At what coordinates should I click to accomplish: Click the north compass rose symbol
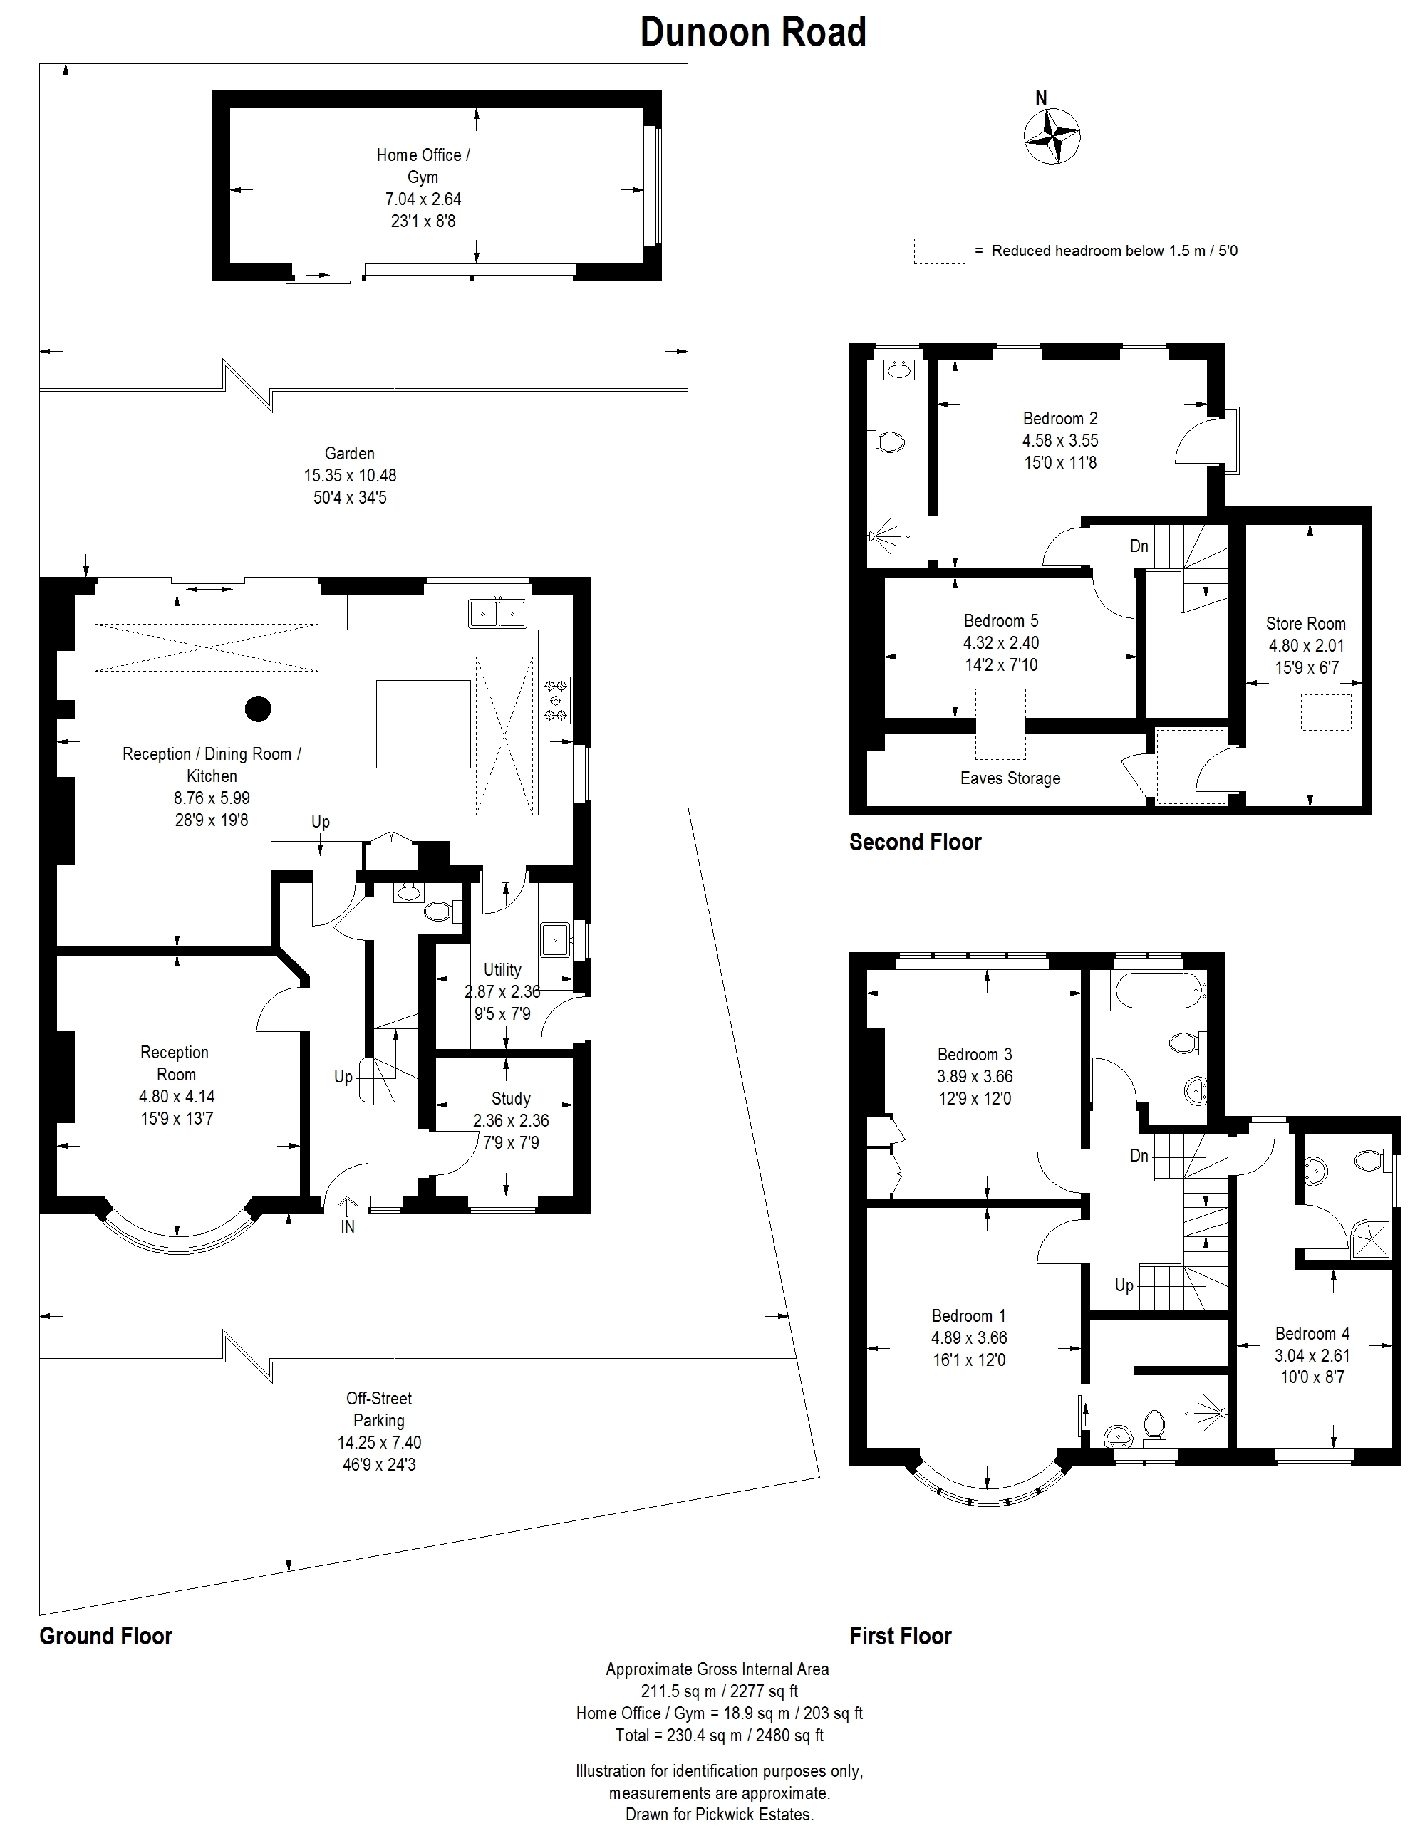click(1052, 135)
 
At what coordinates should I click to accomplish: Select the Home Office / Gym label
click(423, 165)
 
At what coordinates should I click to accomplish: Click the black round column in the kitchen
click(259, 709)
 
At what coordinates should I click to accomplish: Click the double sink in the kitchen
click(497, 613)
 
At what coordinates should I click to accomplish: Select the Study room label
click(511, 1099)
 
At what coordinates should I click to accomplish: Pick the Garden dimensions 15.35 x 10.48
click(350, 476)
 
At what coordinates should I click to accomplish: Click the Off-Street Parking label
click(379, 1409)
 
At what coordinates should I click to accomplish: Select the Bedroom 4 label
click(1312, 1334)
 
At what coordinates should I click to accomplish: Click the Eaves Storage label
click(1010, 778)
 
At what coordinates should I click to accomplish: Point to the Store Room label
click(1305, 624)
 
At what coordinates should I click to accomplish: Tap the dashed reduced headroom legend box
click(939, 251)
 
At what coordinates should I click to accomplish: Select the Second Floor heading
click(915, 842)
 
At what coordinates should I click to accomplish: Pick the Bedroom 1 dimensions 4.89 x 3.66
click(969, 1337)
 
